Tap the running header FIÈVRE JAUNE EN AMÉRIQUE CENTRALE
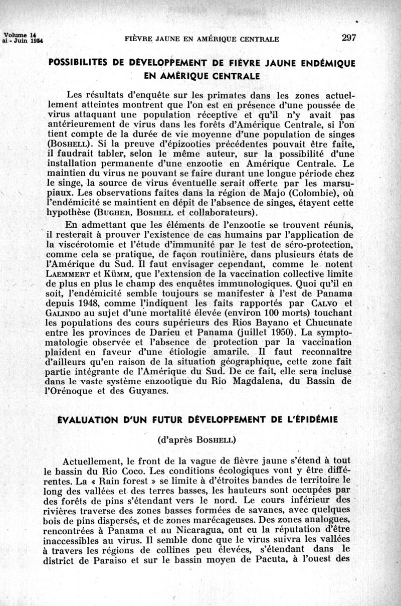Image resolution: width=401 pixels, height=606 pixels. (x=201, y=39)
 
